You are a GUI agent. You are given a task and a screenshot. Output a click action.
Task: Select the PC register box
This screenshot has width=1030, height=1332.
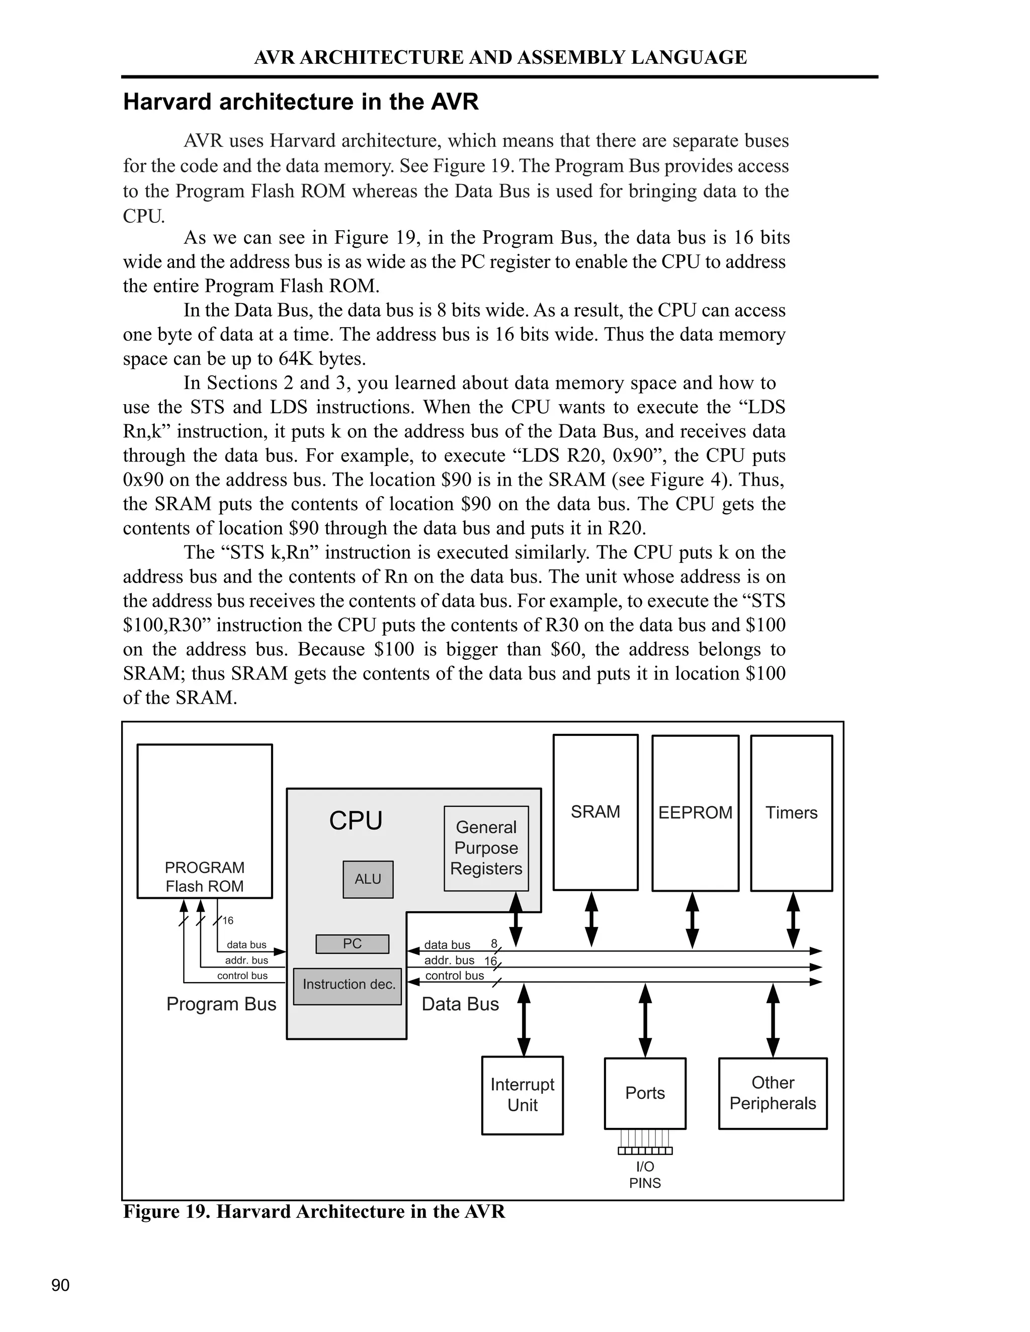click(x=352, y=943)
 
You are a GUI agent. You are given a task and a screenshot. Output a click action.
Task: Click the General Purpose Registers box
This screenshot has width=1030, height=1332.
click(x=486, y=848)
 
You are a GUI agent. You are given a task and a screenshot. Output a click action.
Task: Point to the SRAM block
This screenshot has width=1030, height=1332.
click(x=595, y=812)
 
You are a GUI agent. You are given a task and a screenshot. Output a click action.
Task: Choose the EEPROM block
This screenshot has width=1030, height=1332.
click(x=695, y=812)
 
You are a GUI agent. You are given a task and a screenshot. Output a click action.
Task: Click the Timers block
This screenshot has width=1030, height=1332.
click(x=792, y=812)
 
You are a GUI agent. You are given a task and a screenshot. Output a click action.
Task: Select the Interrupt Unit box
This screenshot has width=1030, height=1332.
click(x=523, y=1095)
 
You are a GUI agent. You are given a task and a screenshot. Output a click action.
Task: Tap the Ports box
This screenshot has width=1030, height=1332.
click(x=645, y=1093)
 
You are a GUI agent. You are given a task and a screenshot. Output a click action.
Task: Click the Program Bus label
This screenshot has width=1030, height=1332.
click(x=221, y=1004)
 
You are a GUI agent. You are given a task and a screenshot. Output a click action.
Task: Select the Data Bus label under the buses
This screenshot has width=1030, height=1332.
click(x=460, y=1004)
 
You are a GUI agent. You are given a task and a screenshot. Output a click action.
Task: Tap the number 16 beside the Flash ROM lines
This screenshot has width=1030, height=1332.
click(x=228, y=920)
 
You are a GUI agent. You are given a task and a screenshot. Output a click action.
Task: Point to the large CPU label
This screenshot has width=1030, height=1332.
click(x=356, y=820)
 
